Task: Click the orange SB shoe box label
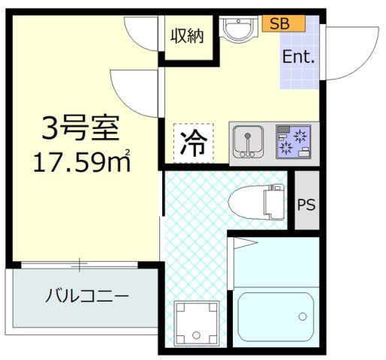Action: coord(283,23)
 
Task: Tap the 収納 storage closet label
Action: coord(187,37)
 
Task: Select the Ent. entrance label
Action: coord(298,57)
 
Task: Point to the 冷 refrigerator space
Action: coord(194,143)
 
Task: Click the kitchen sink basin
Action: coord(248,142)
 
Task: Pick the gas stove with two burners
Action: coord(294,142)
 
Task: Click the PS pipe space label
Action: coord(306,205)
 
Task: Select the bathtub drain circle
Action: coord(303,316)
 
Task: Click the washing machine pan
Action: coord(197,323)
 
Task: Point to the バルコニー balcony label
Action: coord(87,295)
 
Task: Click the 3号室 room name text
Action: coord(80,127)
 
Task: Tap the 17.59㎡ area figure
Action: coord(82,162)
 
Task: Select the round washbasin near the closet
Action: coord(238,28)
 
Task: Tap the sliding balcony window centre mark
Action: coord(80,265)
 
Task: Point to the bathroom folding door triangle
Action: coord(246,243)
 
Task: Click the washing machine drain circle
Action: coord(196,334)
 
